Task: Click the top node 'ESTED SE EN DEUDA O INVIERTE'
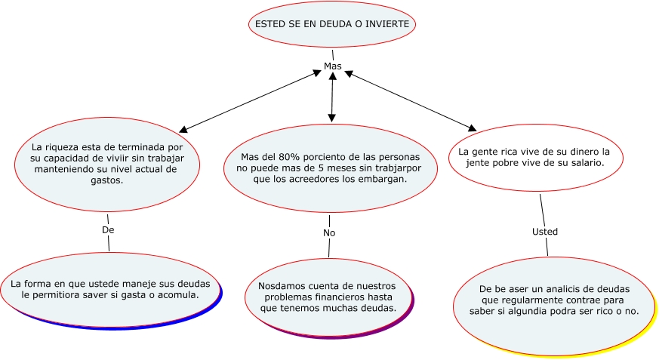pyautogui.click(x=332, y=24)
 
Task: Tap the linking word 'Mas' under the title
pyautogui.click(x=332, y=66)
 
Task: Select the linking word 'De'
pyautogui.click(x=107, y=229)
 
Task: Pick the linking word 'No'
pyautogui.click(x=329, y=233)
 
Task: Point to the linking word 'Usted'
pyautogui.click(x=544, y=231)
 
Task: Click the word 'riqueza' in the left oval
pyautogui.click(x=66, y=146)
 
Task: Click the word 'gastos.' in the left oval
pyautogui.click(x=107, y=181)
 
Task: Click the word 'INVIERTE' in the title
pyautogui.click(x=386, y=24)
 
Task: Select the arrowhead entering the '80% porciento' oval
pyautogui.click(x=332, y=118)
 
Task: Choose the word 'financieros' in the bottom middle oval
pyautogui.click(x=331, y=297)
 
